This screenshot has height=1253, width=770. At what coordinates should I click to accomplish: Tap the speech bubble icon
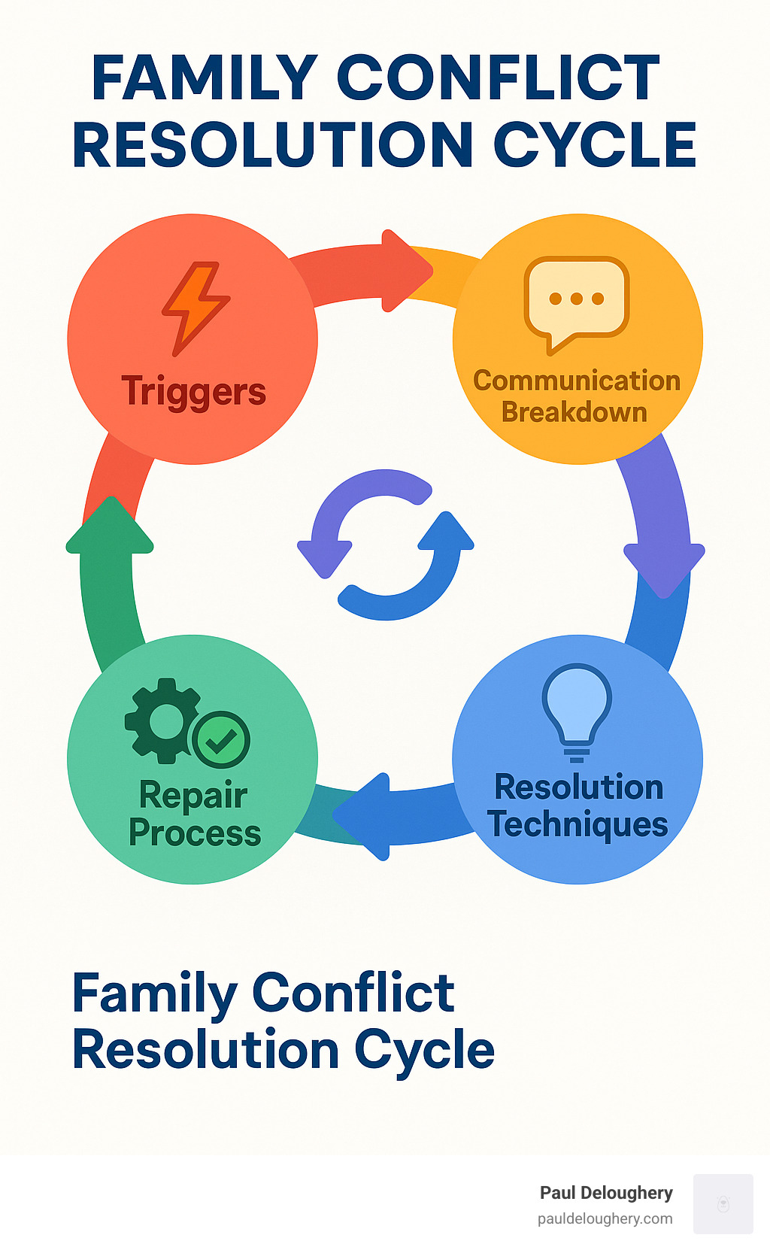577,303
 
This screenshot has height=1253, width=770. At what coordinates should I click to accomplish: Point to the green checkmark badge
221,739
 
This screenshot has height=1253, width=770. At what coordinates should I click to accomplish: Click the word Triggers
193,392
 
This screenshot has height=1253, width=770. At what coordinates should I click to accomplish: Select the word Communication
576,381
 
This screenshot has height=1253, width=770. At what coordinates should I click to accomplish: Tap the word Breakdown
574,412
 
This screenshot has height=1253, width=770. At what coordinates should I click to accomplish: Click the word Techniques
577,824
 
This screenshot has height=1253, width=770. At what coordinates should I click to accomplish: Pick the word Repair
193,795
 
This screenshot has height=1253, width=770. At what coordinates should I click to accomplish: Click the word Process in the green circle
195,833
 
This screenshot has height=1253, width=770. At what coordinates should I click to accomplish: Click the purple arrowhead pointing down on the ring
663,569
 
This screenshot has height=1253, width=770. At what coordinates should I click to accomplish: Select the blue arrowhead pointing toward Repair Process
365,816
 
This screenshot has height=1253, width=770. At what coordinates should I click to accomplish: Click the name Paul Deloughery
606,1193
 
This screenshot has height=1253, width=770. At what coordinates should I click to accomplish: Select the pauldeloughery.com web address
605,1218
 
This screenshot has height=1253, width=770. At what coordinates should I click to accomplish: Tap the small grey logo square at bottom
723,1203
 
